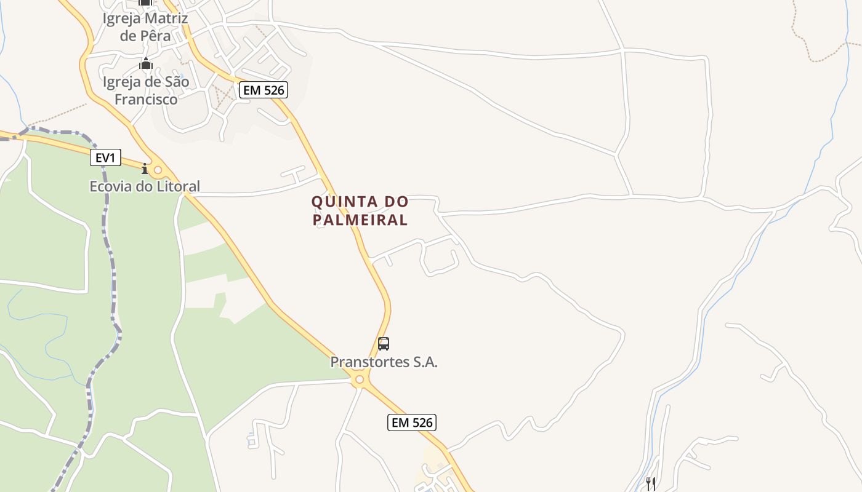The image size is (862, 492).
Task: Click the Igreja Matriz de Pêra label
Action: pos(145,27)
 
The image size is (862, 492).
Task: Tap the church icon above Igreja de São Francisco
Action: pos(146,63)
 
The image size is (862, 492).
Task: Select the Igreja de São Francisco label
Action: pos(146,90)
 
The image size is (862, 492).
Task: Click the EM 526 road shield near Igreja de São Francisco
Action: pos(264,90)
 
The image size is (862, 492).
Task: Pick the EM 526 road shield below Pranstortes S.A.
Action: pos(412,423)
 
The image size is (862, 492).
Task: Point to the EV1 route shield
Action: pos(105,158)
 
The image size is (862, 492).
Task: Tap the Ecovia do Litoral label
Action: pos(145,186)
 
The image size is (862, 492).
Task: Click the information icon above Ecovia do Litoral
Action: pos(145,169)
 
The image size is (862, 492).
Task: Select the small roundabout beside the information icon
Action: pos(158,170)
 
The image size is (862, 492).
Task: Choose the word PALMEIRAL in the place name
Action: pos(360,220)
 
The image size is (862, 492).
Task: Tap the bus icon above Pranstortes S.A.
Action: pos(384,344)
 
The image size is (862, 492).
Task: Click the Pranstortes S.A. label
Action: pos(384,362)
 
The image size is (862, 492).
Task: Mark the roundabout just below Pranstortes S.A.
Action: pos(360,381)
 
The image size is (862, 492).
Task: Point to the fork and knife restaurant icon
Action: pos(650,483)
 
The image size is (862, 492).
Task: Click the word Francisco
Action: pos(146,99)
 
